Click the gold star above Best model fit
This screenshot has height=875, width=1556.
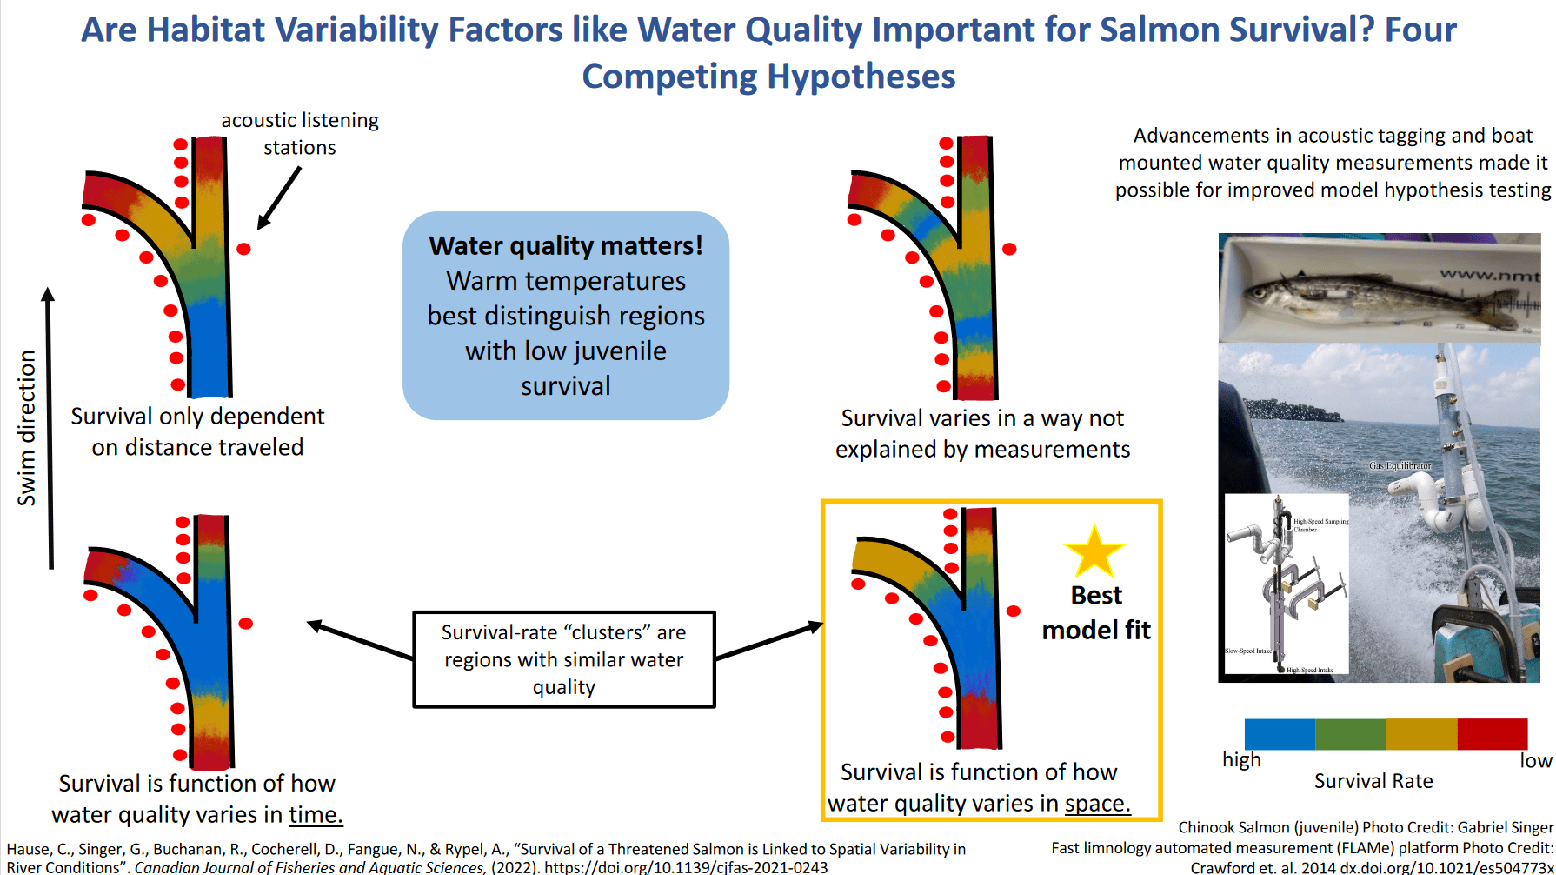coord(1094,552)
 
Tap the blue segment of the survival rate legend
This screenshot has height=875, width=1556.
coord(1280,734)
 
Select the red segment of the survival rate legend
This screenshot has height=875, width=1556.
coord(1492,734)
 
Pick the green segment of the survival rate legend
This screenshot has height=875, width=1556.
coord(1350,734)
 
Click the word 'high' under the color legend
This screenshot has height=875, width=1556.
coord(1241,759)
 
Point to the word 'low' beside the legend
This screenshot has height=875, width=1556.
coord(1535,760)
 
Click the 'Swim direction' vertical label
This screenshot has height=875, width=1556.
coord(27,428)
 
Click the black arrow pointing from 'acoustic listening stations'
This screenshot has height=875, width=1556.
coord(279,197)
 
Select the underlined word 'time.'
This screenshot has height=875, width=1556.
coord(316,815)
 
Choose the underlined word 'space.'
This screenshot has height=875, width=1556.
coord(1098,804)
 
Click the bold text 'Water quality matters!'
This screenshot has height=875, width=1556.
coord(566,246)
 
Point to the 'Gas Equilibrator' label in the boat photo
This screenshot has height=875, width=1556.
coord(1400,466)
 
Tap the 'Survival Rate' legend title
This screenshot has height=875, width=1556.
coord(1373,781)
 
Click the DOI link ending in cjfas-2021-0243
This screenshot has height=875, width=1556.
coord(686,867)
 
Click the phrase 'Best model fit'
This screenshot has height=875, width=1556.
coord(1096,612)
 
